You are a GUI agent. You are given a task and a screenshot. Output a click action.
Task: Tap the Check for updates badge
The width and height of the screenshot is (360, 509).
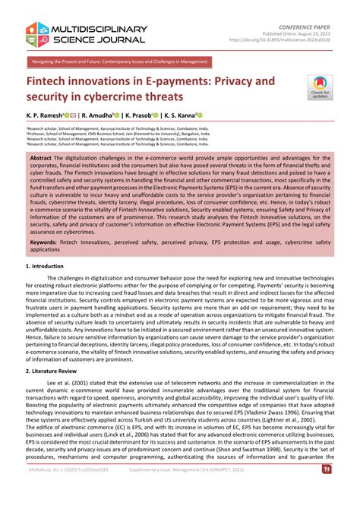pyautogui.click(x=320, y=89)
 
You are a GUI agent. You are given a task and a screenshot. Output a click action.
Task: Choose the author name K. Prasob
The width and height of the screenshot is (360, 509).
pyautogui.click(x=150, y=115)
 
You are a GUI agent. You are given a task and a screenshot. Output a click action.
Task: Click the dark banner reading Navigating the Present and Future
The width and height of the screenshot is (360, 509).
pyautogui.click(x=118, y=60)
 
